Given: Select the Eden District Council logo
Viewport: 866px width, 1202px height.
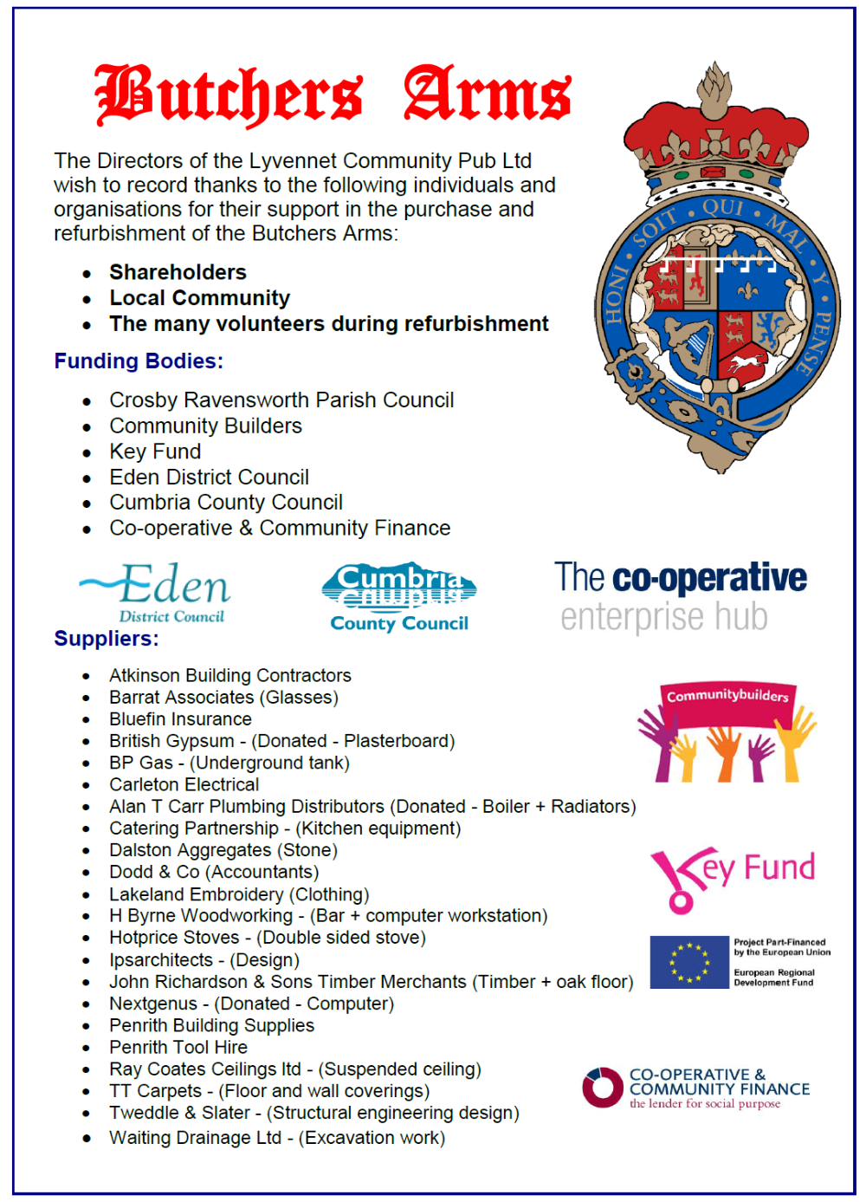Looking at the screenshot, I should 156,593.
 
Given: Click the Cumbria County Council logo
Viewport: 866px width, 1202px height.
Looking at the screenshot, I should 399,596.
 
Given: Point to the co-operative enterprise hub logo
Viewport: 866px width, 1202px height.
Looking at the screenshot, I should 680,596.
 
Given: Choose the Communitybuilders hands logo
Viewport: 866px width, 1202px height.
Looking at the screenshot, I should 727,732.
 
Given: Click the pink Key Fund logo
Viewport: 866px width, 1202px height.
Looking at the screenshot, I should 732,876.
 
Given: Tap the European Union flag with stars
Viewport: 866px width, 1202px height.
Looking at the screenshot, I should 689,962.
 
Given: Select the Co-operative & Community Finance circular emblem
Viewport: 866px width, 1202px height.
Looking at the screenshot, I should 603,1088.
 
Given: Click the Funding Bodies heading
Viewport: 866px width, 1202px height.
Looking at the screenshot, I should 139,361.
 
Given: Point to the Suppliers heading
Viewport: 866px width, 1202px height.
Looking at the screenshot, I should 107,639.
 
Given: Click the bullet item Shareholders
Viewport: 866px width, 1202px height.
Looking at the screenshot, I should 178,272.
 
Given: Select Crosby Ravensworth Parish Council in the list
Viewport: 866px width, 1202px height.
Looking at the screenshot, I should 281,400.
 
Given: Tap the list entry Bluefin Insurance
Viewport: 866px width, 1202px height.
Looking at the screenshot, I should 180,719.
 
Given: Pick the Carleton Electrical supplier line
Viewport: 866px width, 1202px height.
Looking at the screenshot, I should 184,784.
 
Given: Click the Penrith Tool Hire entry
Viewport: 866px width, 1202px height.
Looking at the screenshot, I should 178,1047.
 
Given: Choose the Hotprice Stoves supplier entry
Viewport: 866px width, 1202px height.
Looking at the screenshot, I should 267,938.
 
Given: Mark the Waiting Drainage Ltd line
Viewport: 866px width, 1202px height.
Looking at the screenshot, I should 276,1138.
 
